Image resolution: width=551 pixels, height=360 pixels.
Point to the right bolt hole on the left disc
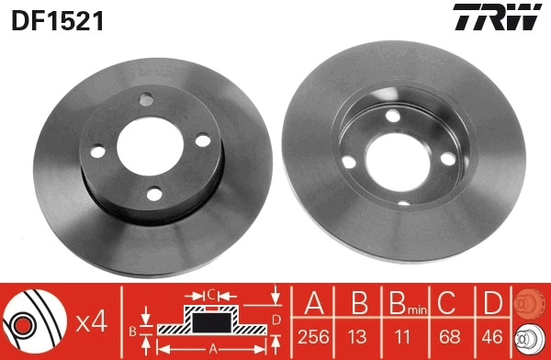click(x=203, y=140)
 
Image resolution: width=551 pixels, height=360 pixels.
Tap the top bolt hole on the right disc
click(x=393, y=116)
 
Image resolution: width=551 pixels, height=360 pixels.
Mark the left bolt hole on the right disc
click(x=349, y=161)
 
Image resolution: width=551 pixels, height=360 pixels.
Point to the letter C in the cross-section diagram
click(x=210, y=295)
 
